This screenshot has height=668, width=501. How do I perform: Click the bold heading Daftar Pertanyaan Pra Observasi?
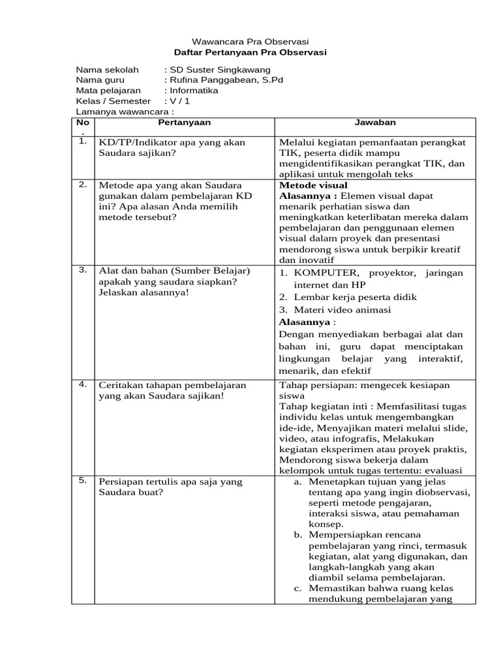pyautogui.click(x=250, y=52)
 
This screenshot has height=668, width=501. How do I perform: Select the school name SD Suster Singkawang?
pyautogui.click(x=219, y=70)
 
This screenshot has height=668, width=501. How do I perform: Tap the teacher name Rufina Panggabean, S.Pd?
pyautogui.click(x=226, y=80)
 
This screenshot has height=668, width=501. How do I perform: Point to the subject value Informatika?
pyautogui.click(x=194, y=91)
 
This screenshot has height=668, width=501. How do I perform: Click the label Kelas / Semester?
pyautogui.click(x=113, y=101)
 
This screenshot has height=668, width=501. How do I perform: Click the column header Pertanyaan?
pyautogui.click(x=184, y=122)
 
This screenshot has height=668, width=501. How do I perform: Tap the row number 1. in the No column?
pyautogui.click(x=82, y=141)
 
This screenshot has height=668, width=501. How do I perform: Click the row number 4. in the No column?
pyautogui.click(x=82, y=384)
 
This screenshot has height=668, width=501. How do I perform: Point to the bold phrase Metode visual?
pyautogui.click(x=313, y=185)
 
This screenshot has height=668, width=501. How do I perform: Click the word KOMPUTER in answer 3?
pyautogui.click(x=326, y=273)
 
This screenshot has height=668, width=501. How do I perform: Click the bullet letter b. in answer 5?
pyautogui.click(x=297, y=535)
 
